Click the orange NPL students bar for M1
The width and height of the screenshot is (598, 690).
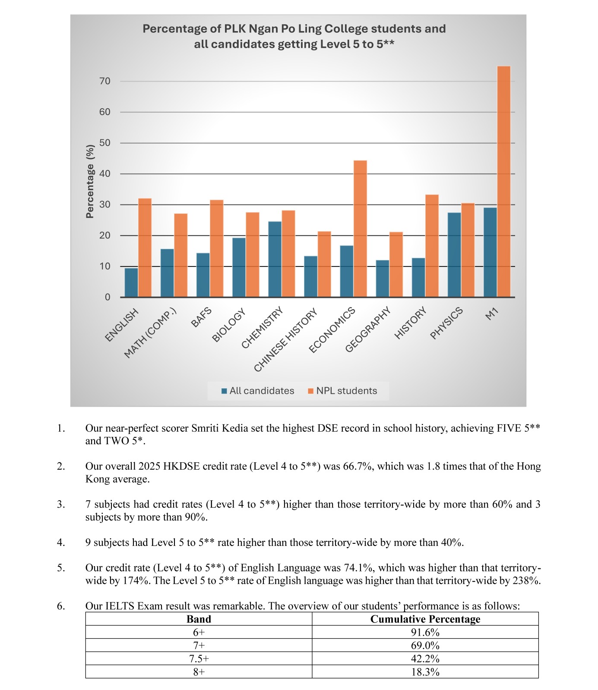[503, 181]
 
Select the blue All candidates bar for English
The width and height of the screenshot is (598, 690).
[131, 282]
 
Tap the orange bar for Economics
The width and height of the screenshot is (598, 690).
[360, 229]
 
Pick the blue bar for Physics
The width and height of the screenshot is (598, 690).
[454, 254]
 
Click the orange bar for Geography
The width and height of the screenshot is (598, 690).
[396, 264]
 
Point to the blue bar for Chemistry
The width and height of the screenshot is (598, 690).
[275, 259]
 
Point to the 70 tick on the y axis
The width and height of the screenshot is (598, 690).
[105, 81]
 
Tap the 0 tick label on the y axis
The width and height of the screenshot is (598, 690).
[108, 297]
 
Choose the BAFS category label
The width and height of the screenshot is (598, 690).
[201, 317]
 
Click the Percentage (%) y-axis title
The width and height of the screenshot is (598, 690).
[90, 181]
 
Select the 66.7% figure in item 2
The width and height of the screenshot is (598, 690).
[357, 466]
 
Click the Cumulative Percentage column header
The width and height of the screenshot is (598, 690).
[425, 619]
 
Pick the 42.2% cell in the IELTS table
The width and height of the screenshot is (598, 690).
[425, 659]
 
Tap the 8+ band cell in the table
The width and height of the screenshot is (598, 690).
[199, 672]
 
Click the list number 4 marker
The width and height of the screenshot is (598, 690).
[61, 543]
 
